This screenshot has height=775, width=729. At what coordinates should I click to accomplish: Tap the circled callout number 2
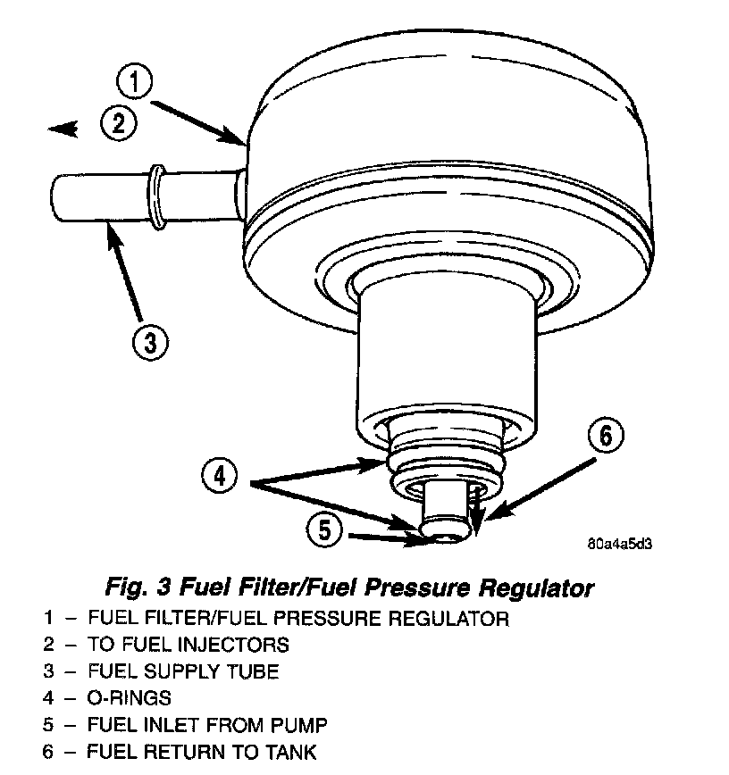[118, 123]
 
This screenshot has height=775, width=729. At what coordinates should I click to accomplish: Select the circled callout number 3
[149, 340]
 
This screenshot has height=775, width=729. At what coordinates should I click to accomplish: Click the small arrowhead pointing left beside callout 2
[63, 130]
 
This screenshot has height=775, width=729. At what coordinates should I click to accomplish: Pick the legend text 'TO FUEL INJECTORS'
[189, 644]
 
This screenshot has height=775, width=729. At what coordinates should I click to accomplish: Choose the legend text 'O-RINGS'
[130, 697]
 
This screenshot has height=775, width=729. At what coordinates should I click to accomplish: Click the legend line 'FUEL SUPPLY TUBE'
[183, 671]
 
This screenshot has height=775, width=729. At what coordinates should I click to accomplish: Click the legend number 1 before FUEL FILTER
[46, 618]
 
